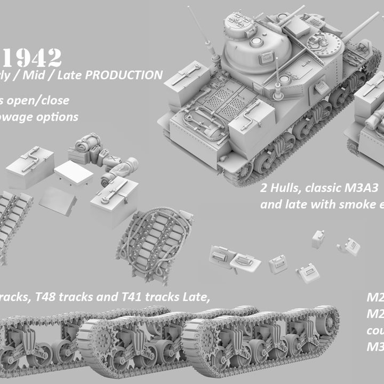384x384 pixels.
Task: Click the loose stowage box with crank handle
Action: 30,167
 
